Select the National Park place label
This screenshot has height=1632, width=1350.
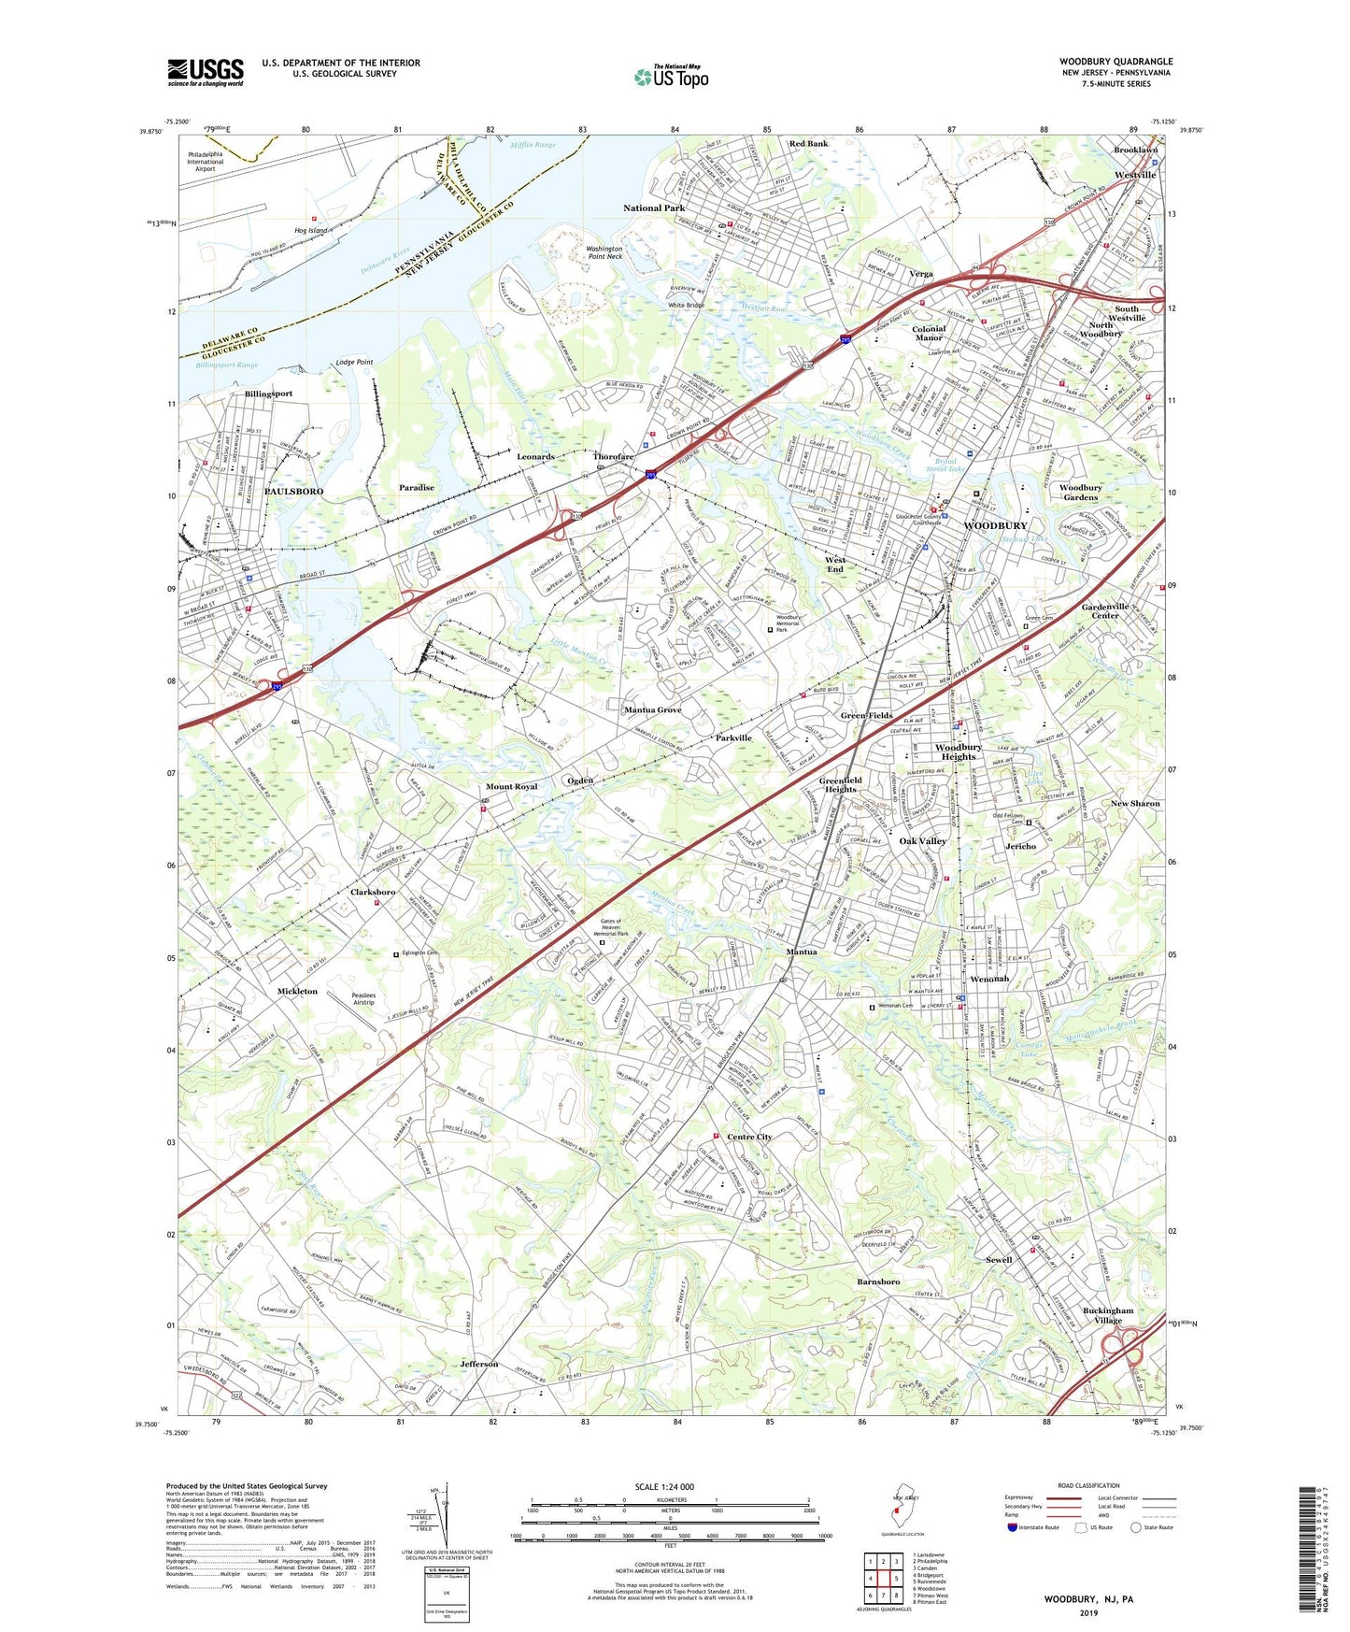click(654, 208)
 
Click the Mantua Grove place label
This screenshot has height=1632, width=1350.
click(652, 710)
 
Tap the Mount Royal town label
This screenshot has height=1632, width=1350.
click(511, 787)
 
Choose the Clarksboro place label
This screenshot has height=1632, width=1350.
click(373, 892)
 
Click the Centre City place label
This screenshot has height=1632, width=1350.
click(749, 1137)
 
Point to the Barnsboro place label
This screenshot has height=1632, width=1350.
click(878, 1281)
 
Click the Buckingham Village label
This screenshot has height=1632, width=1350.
click(1108, 1315)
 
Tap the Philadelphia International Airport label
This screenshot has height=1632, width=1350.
click(206, 162)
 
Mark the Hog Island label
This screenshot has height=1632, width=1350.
click(311, 230)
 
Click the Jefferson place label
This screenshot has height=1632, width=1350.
click(479, 1364)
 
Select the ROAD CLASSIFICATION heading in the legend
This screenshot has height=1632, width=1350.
click(1088, 1485)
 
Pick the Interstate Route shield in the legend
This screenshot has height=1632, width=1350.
click(1013, 1527)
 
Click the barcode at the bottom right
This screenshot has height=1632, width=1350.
click(1310, 1550)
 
